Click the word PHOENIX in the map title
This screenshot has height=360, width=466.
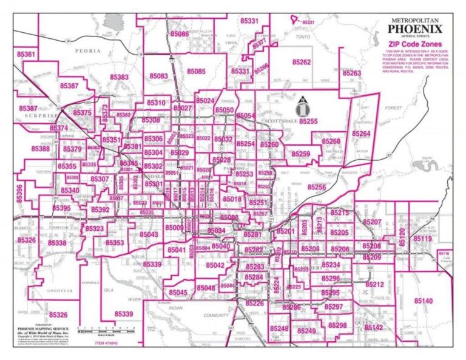tap(415, 29)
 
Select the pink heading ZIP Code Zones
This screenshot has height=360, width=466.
tap(415, 44)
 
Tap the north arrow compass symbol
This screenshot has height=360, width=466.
tap(302, 107)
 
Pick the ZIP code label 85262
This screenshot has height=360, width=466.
tap(301, 62)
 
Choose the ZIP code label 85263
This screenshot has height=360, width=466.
tap(351, 73)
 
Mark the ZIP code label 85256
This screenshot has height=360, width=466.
tap(316, 188)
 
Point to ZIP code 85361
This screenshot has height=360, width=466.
tap(25, 55)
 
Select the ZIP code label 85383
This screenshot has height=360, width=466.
tap(119, 77)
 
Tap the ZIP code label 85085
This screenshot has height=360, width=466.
tap(196, 71)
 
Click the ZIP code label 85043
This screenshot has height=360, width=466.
tap(149, 234)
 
